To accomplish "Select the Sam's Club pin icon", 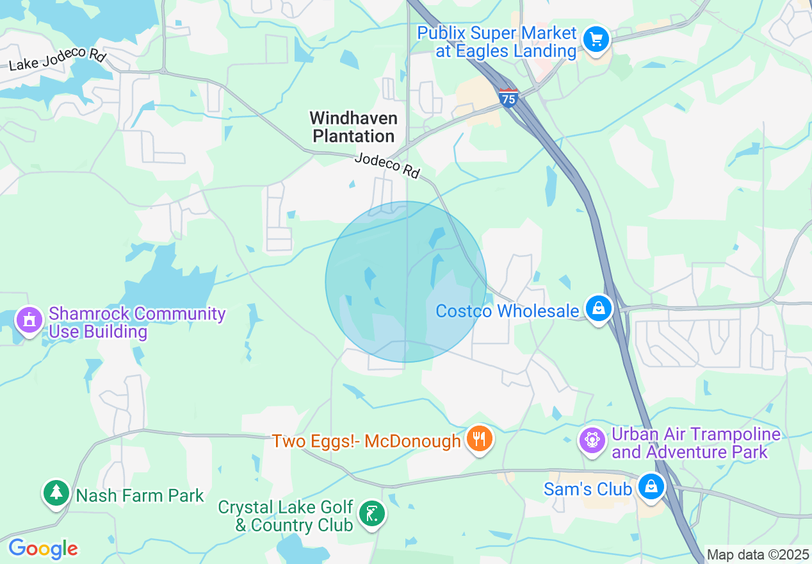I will click(x=651, y=487).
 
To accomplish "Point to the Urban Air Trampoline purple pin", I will click(x=592, y=440).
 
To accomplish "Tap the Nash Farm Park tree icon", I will click(x=57, y=492).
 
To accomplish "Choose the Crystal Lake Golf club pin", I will click(x=371, y=514).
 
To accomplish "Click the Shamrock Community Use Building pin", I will click(x=28, y=319).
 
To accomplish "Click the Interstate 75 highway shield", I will click(x=508, y=98).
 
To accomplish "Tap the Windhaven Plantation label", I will click(x=353, y=127).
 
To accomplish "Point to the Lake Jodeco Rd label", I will click(x=57, y=58).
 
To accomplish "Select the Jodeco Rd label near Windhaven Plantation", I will click(x=387, y=165).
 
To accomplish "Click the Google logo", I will click(x=43, y=549).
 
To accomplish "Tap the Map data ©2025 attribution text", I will click(x=758, y=554).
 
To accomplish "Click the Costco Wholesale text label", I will click(x=507, y=311).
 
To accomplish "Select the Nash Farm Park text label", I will click(x=140, y=495).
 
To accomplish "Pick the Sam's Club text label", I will click(x=587, y=489).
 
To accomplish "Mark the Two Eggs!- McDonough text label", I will click(x=366, y=441).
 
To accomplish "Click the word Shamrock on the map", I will click(x=90, y=313).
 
